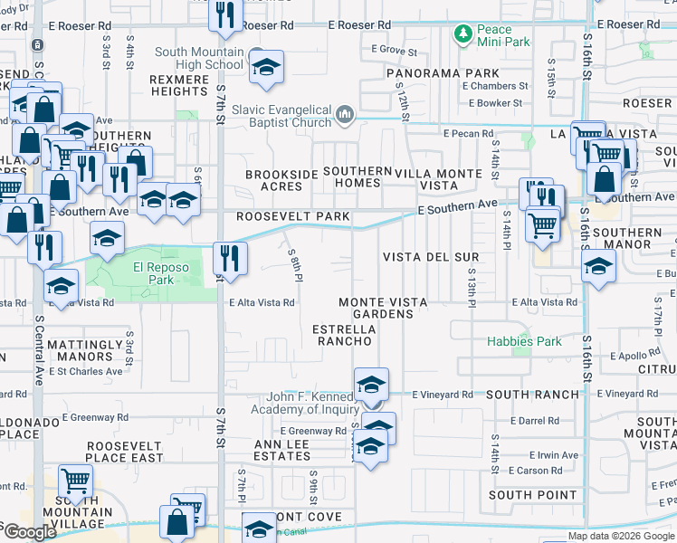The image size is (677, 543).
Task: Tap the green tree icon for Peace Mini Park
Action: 463,35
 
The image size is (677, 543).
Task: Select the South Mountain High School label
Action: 199,58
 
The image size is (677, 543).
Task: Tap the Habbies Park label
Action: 524,341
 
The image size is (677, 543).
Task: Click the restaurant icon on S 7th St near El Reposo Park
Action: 230,257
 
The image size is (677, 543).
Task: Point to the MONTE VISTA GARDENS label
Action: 376,308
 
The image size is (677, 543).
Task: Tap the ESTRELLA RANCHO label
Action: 342,335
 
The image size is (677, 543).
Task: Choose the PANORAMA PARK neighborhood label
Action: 442,72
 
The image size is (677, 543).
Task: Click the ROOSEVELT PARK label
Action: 281,217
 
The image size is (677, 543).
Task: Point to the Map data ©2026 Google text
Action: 621,536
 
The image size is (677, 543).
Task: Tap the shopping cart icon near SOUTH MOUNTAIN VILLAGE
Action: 75,481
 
